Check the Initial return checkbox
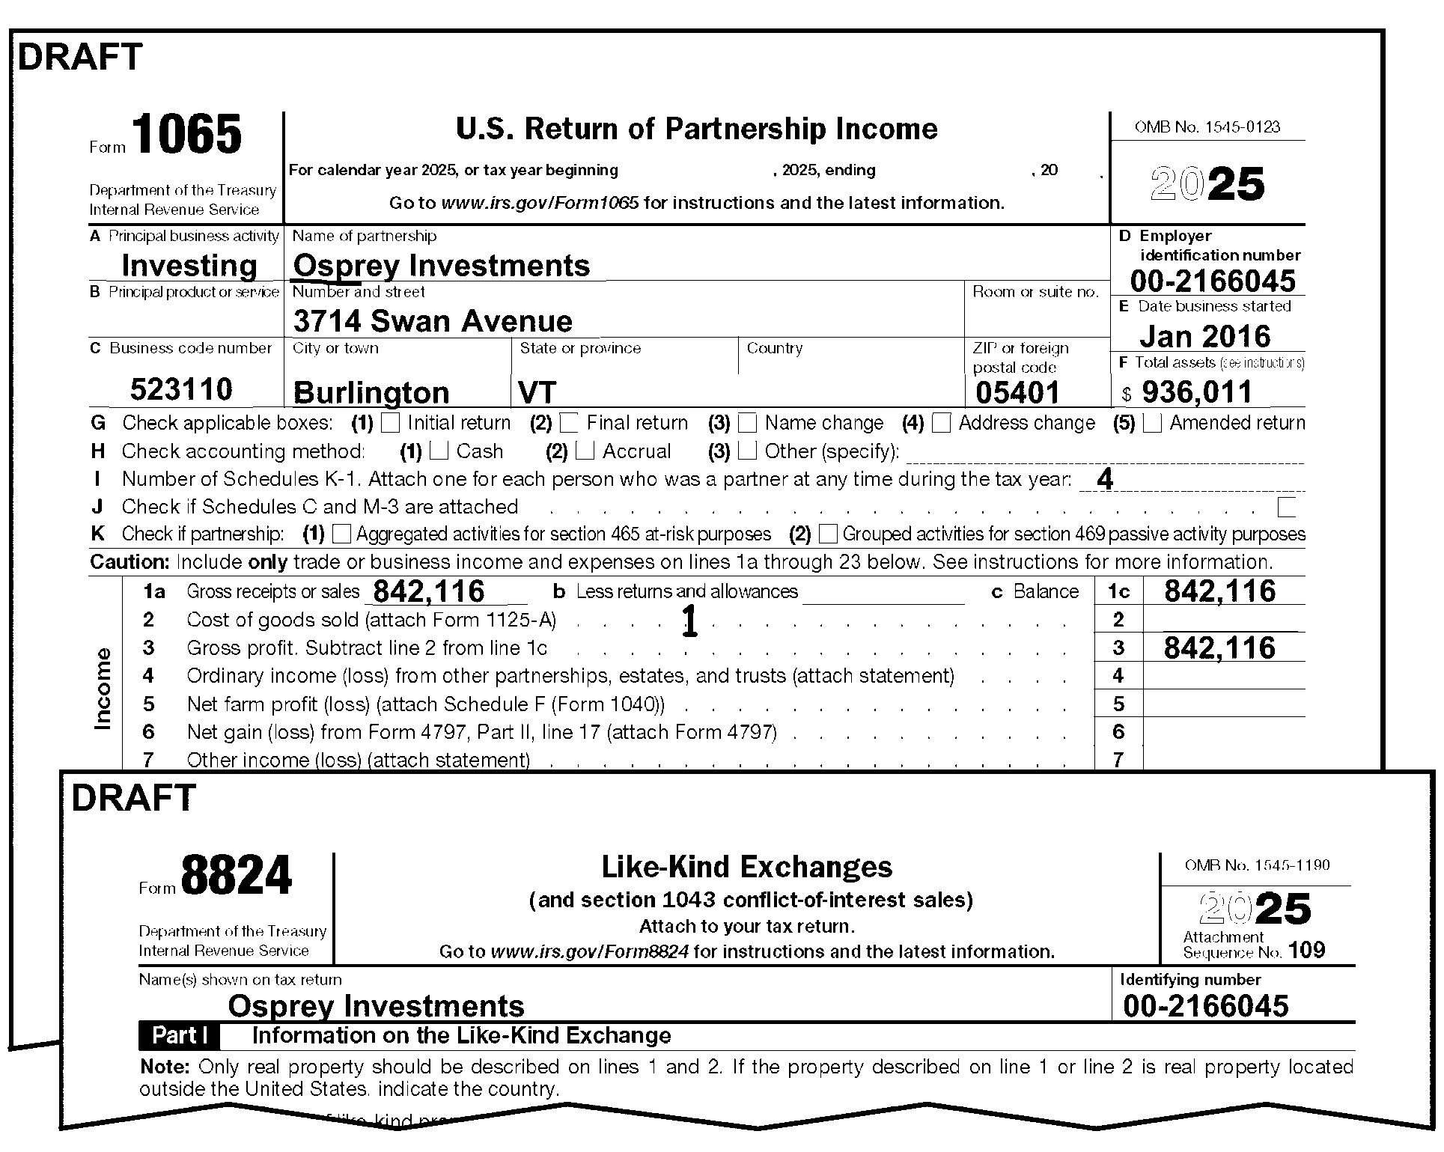coord(390,423)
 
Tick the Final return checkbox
coord(569,423)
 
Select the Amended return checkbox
coord(1152,423)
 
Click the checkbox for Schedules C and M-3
coord(1286,507)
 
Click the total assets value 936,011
coord(1197,392)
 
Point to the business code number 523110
coord(181,389)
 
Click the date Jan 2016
coord(1204,337)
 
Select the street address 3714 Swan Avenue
coord(433,321)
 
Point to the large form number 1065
coord(188,135)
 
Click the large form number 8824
coord(236,875)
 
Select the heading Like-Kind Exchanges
coord(746,867)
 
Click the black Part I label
coord(179,1036)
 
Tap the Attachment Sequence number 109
coord(1307,951)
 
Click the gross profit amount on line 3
coord(1219,648)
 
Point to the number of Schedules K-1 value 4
coord(1104,479)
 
